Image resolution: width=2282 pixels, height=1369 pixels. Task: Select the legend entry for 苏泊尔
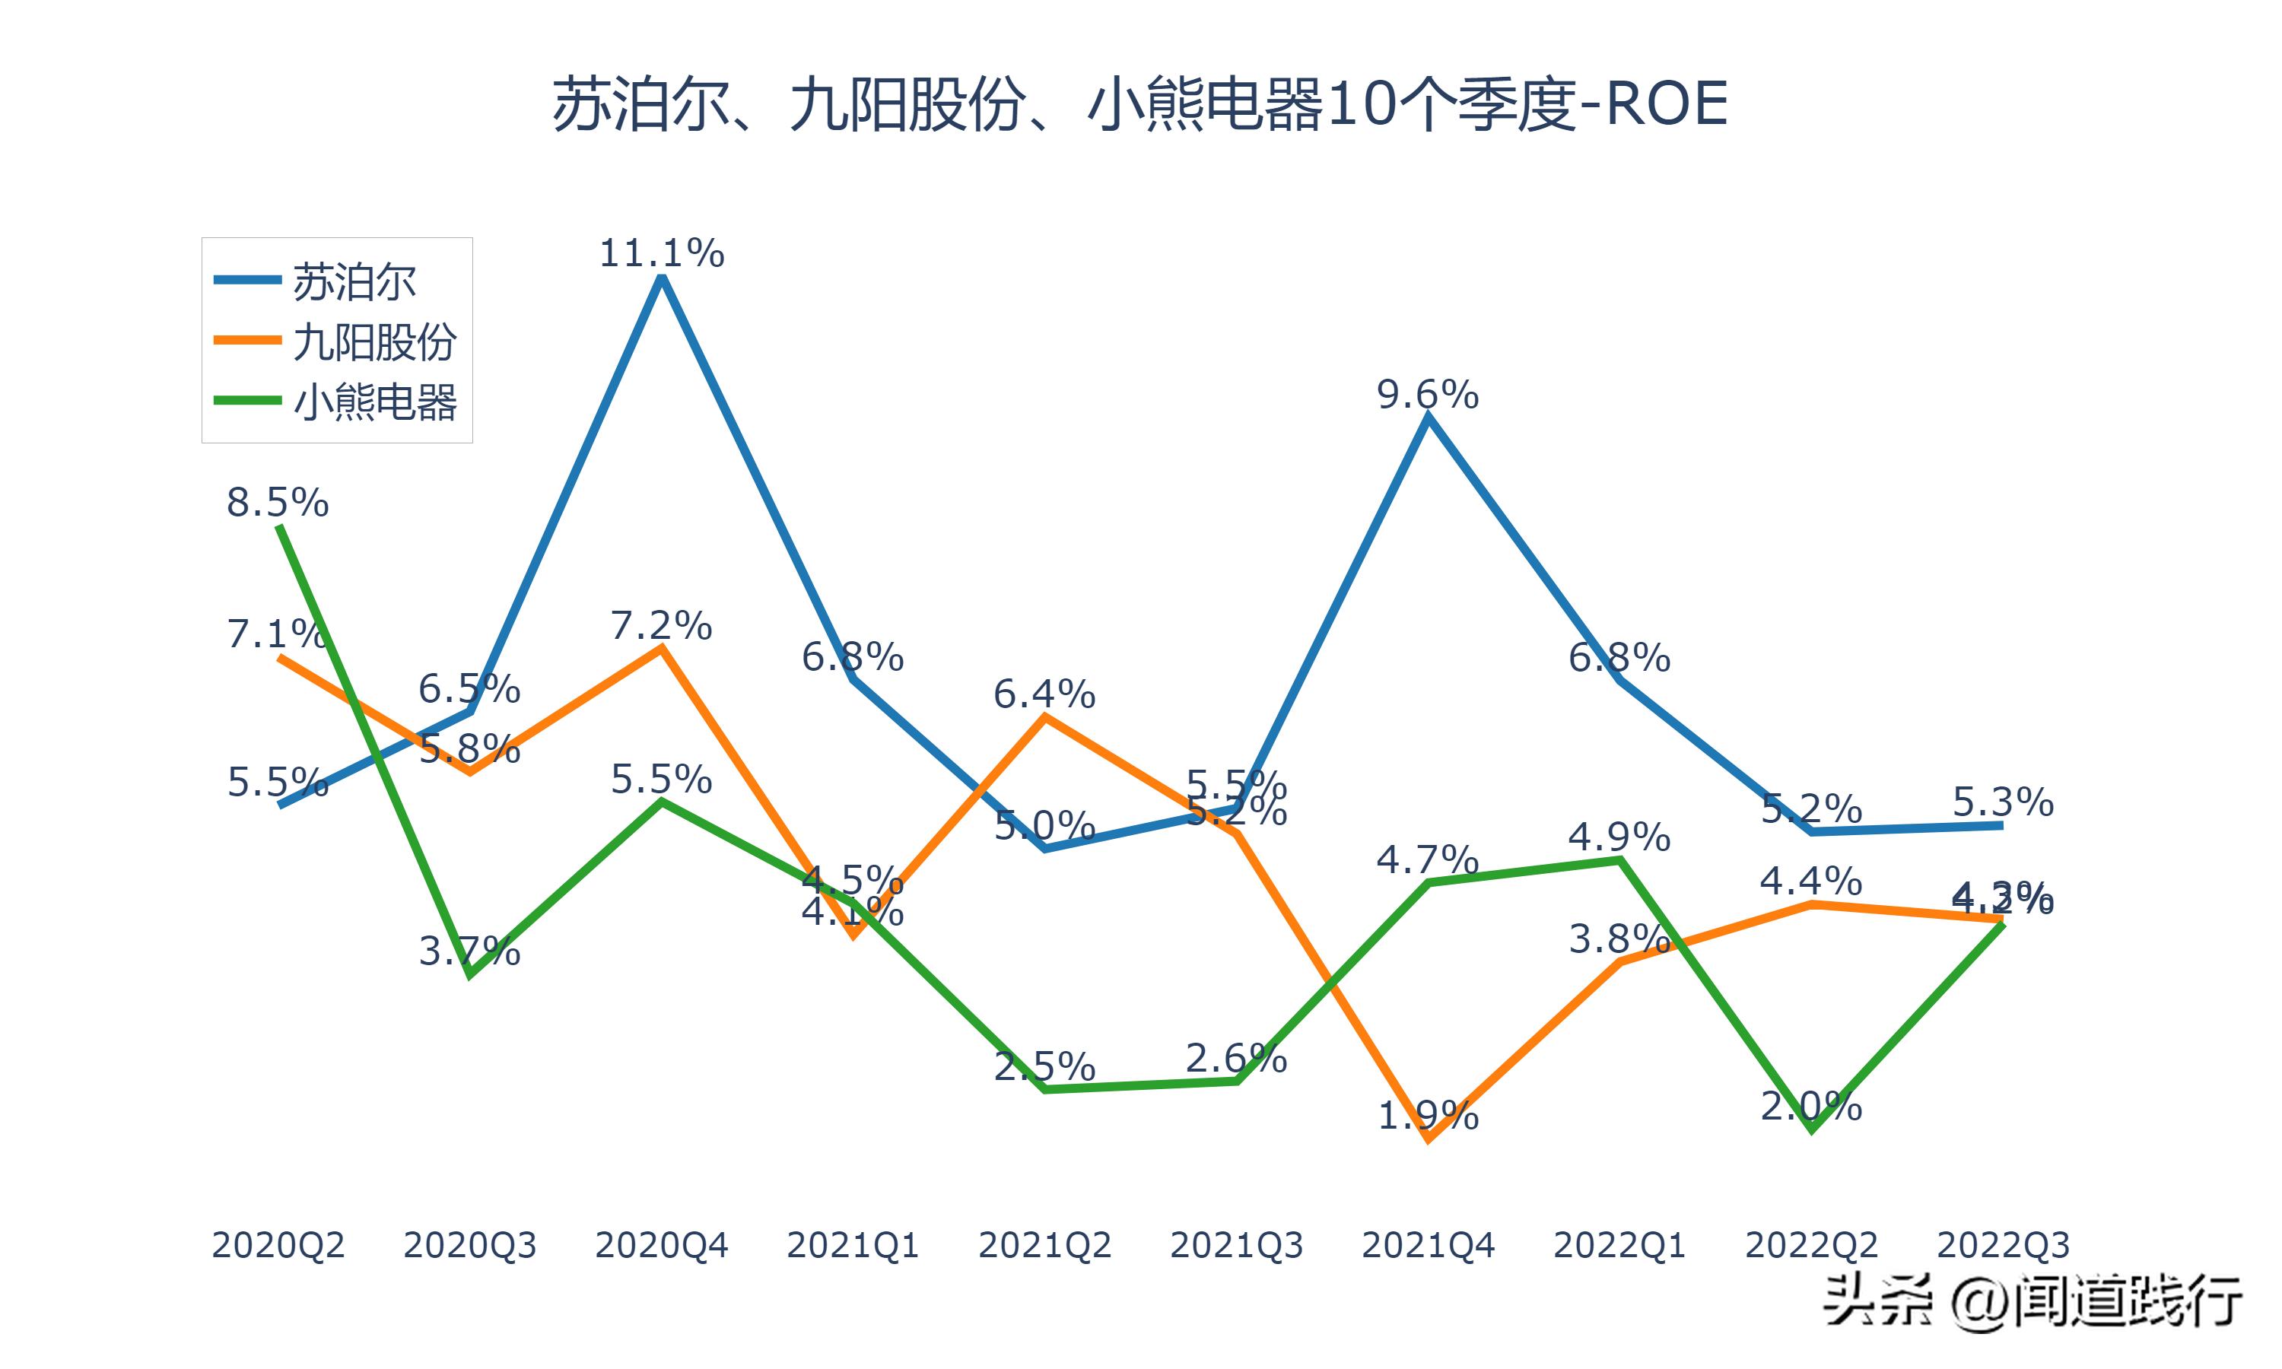click(354, 282)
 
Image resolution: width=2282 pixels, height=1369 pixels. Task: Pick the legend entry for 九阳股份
click(373, 342)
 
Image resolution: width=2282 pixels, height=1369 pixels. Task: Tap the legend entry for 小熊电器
click(373, 402)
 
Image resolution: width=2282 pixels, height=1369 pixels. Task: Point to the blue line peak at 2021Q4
click(1428, 417)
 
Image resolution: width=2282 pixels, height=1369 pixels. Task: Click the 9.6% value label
click(1428, 395)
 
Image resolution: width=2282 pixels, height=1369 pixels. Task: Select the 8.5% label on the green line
click(278, 503)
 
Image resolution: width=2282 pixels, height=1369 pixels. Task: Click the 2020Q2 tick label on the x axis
click(278, 1245)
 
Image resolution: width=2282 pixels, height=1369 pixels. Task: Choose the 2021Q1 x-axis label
click(852, 1245)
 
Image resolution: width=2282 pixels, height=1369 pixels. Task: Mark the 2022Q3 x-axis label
click(2003, 1245)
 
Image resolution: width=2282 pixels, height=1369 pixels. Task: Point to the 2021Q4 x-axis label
click(1428, 1245)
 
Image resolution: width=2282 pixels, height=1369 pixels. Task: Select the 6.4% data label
click(1044, 694)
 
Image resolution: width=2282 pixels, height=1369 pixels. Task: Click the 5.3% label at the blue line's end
click(2003, 802)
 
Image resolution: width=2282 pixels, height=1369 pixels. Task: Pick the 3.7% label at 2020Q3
click(469, 951)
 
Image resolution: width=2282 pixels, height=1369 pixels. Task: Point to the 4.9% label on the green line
click(1619, 837)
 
